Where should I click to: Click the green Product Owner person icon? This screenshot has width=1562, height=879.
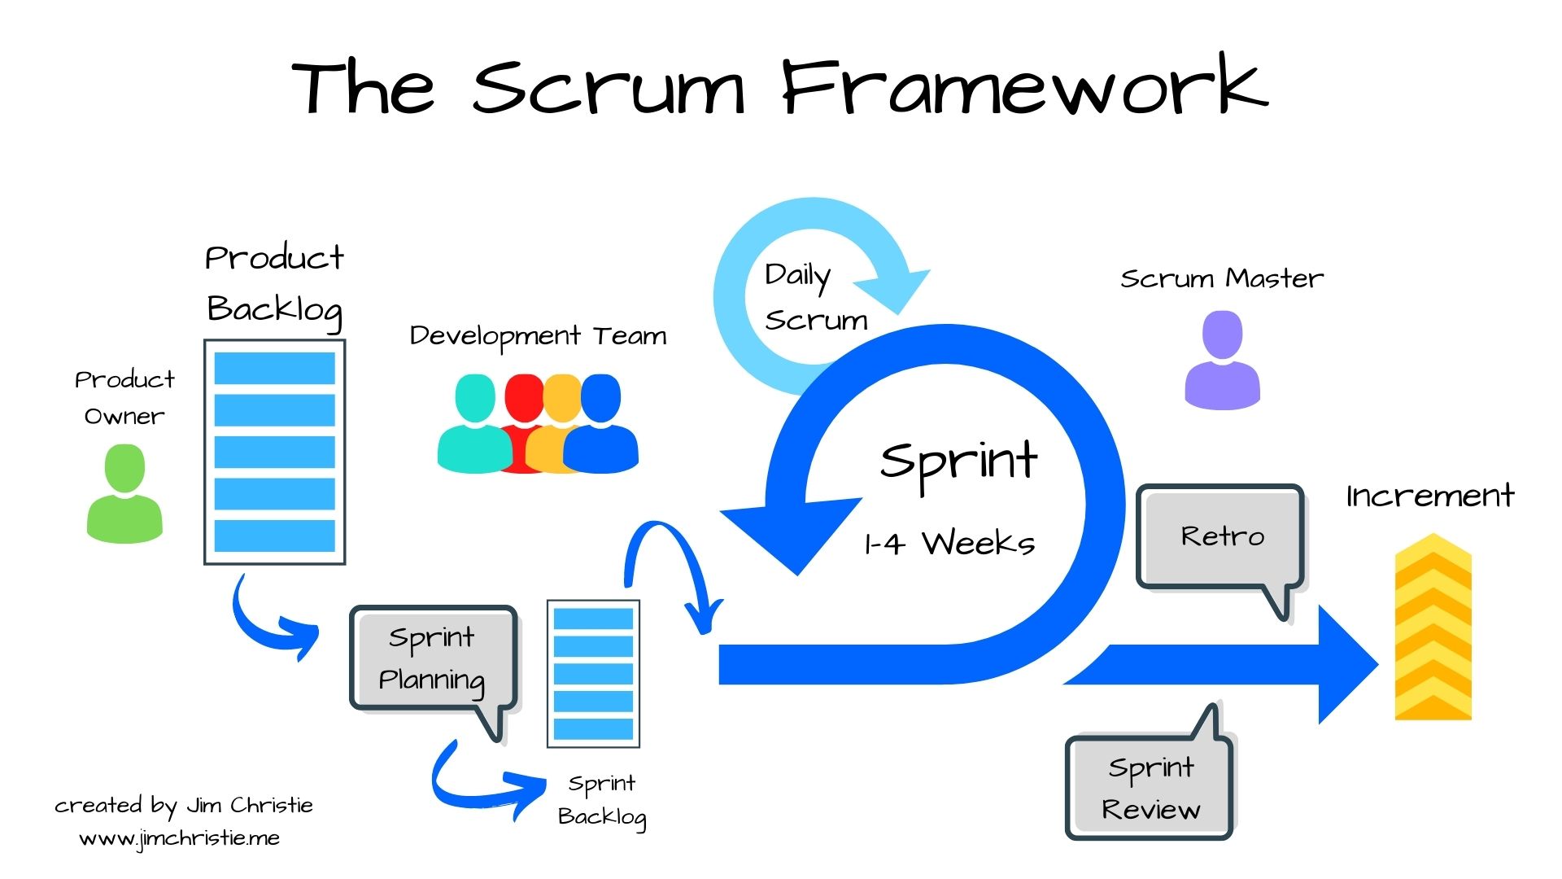(x=124, y=496)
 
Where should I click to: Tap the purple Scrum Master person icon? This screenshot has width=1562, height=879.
(x=1222, y=362)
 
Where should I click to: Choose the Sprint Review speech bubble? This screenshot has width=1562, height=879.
(x=1150, y=788)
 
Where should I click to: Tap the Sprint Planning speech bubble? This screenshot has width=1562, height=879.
(x=432, y=659)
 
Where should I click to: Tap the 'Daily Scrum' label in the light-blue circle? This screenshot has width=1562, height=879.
(x=814, y=298)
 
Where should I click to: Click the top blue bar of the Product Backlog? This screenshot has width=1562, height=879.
(x=274, y=368)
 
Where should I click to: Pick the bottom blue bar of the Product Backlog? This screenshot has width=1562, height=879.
(x=274, y=536)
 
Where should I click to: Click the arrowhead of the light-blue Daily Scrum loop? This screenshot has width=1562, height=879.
(x=895, y=289)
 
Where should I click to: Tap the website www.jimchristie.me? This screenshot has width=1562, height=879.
(x=179, y=838)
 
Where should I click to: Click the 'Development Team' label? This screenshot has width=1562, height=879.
(x=538, y=336)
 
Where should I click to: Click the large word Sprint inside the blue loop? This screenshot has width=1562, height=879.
(x=958, y=462)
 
